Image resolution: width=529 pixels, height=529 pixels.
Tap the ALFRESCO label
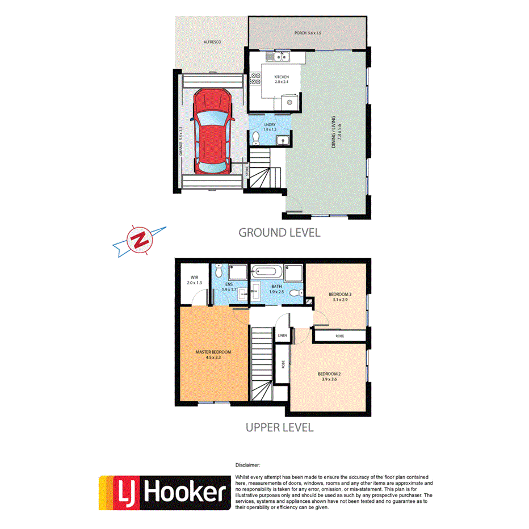[x=212, y=43]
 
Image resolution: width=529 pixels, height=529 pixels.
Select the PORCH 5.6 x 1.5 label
[x=308, y=33]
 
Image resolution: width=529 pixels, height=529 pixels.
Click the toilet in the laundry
[x=256, y=137]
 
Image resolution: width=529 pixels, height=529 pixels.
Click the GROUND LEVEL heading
[x=279, y=232]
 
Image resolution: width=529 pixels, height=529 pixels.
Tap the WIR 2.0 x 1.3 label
[x=195, y=280]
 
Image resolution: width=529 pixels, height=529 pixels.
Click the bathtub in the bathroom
[x=268, y=272]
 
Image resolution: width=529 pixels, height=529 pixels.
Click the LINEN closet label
[x=282, y=336]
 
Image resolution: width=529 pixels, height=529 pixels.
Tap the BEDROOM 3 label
[x=341, y=293]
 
